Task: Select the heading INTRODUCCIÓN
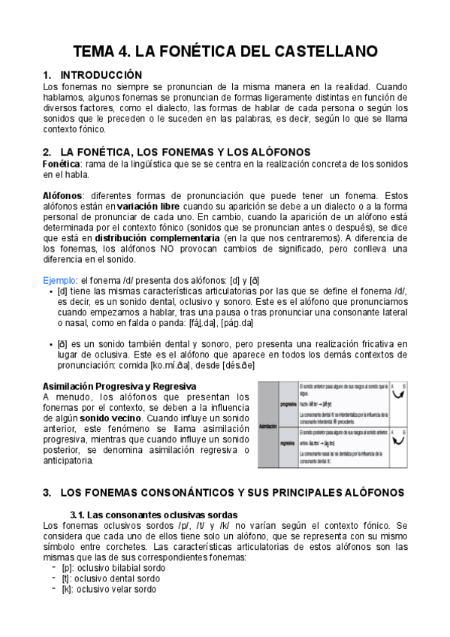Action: click(101, 75)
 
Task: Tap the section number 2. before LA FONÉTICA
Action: click(47, 151)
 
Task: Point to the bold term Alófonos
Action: click(62, 195)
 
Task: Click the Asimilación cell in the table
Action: click(267, 425)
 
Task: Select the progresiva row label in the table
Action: click(288, 403)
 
